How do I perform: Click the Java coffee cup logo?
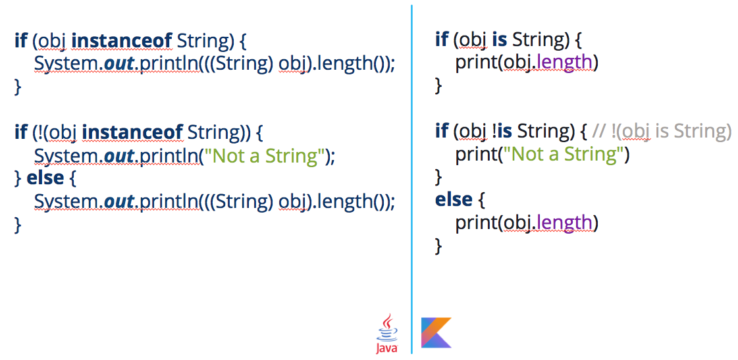pos(387,334)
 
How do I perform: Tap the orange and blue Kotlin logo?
pos(436,333)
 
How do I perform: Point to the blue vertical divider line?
pos(411,179)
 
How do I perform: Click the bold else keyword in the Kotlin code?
pos(454,200)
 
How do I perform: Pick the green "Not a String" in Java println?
pos(263,156)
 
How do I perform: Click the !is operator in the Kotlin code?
pos(502,132)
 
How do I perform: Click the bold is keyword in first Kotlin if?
pos(500,40)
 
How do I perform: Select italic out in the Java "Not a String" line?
pos(118,156)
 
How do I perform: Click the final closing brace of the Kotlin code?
pos(438,246)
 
